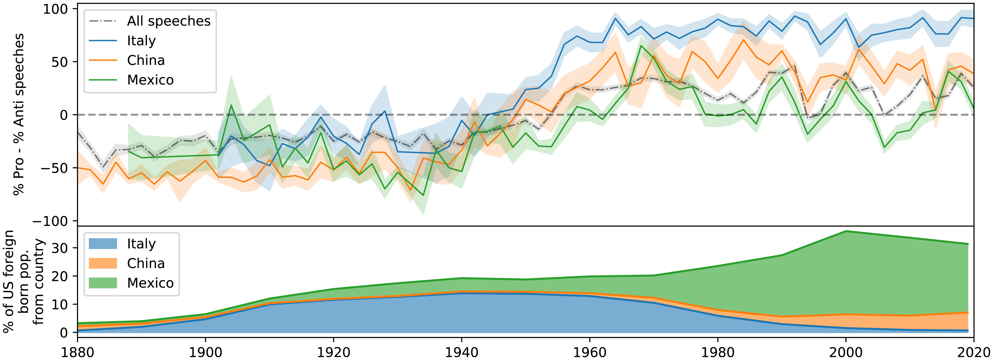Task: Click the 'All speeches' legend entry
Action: (x=169, y=21)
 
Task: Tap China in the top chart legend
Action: (x=146, y=60)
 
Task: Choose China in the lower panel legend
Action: (x=146, y=264)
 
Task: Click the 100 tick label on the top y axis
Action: (x=55, y=9)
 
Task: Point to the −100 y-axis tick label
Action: (x=50, y=221)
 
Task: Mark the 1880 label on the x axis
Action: (x=78, y=352)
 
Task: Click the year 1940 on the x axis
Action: (x=461, y=352)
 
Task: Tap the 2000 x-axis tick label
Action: (x=846, y=352)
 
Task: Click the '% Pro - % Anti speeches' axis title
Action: (x=19, y=115)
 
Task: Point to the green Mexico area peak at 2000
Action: (x=846, y=232)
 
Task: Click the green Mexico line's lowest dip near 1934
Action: (x=423, y=195)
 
